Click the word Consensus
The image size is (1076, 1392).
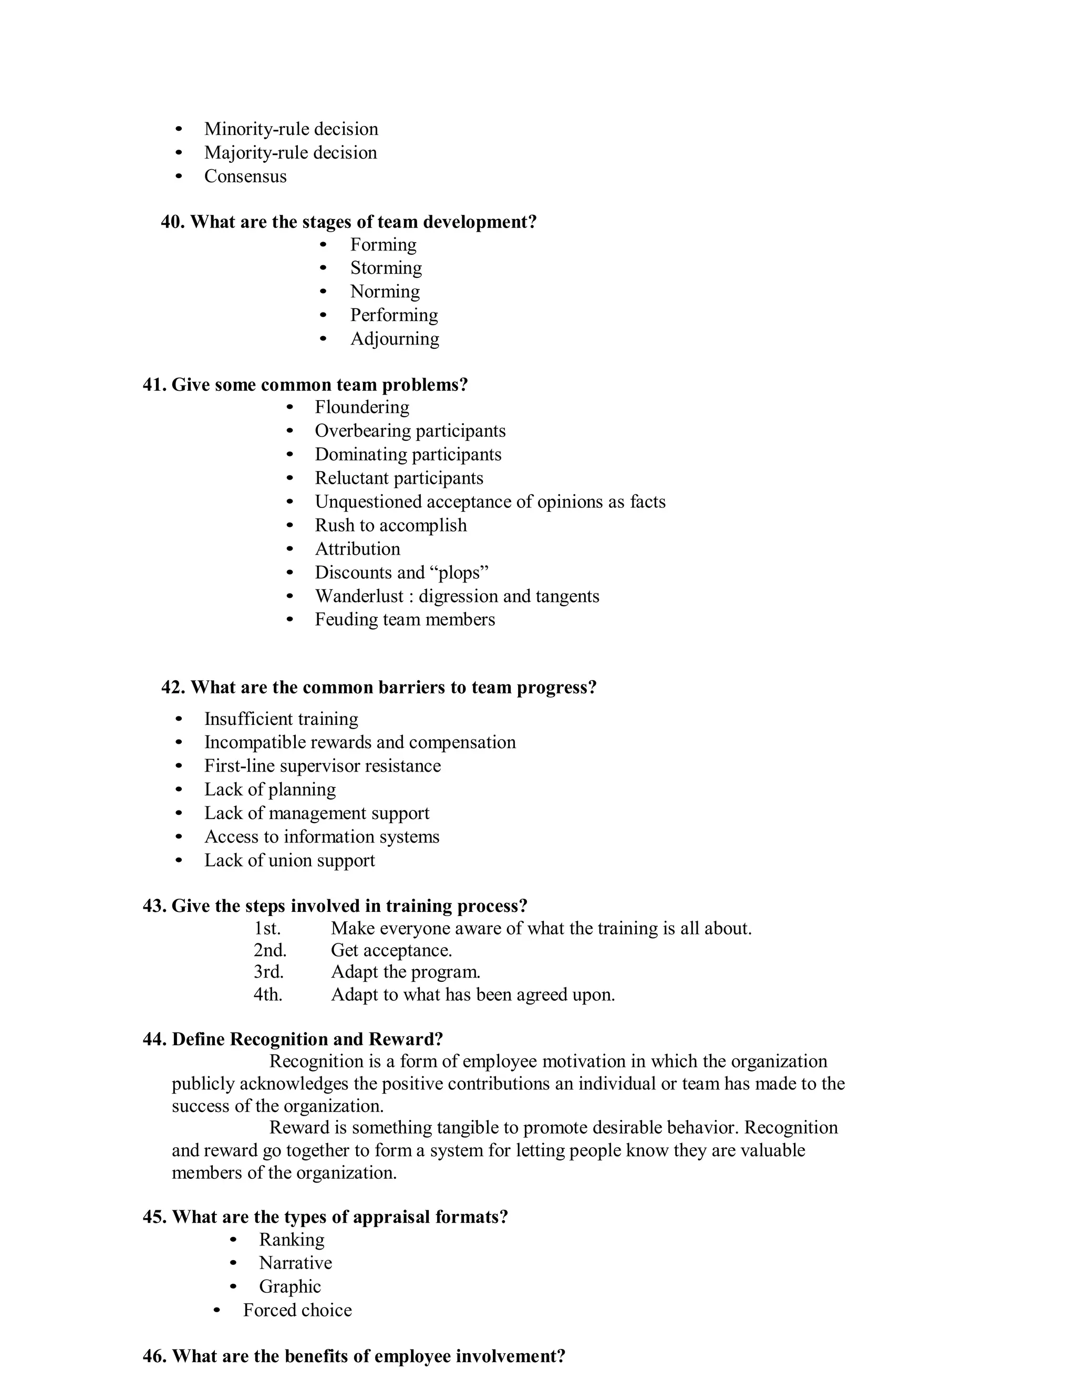[x=245, y=176]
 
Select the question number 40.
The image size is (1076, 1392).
[x=172, y=222]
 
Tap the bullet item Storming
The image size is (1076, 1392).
[x=386, y=268]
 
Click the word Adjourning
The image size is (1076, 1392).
[x=395, y=339]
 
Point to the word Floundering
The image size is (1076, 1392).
[x=361, y=407]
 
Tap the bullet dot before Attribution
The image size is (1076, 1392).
[x=290, y=549]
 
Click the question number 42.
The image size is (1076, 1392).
[x=173, y=688]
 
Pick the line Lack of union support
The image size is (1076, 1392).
[x=289, y=860]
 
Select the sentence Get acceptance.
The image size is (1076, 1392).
[x=391, y=950]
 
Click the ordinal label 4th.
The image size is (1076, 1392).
[x=268, y=994]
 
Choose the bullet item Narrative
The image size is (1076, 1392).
[x=295, y=1263]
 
